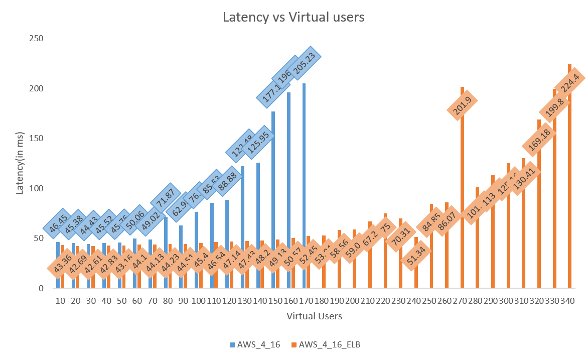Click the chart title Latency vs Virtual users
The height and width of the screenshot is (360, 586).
pos(293,17)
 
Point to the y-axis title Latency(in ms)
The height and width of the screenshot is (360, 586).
pos(21,163)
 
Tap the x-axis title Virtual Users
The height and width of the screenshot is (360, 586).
pos(315,316)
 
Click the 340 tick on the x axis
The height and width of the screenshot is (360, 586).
pos(567,301)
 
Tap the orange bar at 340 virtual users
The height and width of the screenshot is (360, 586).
pos(569,176)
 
